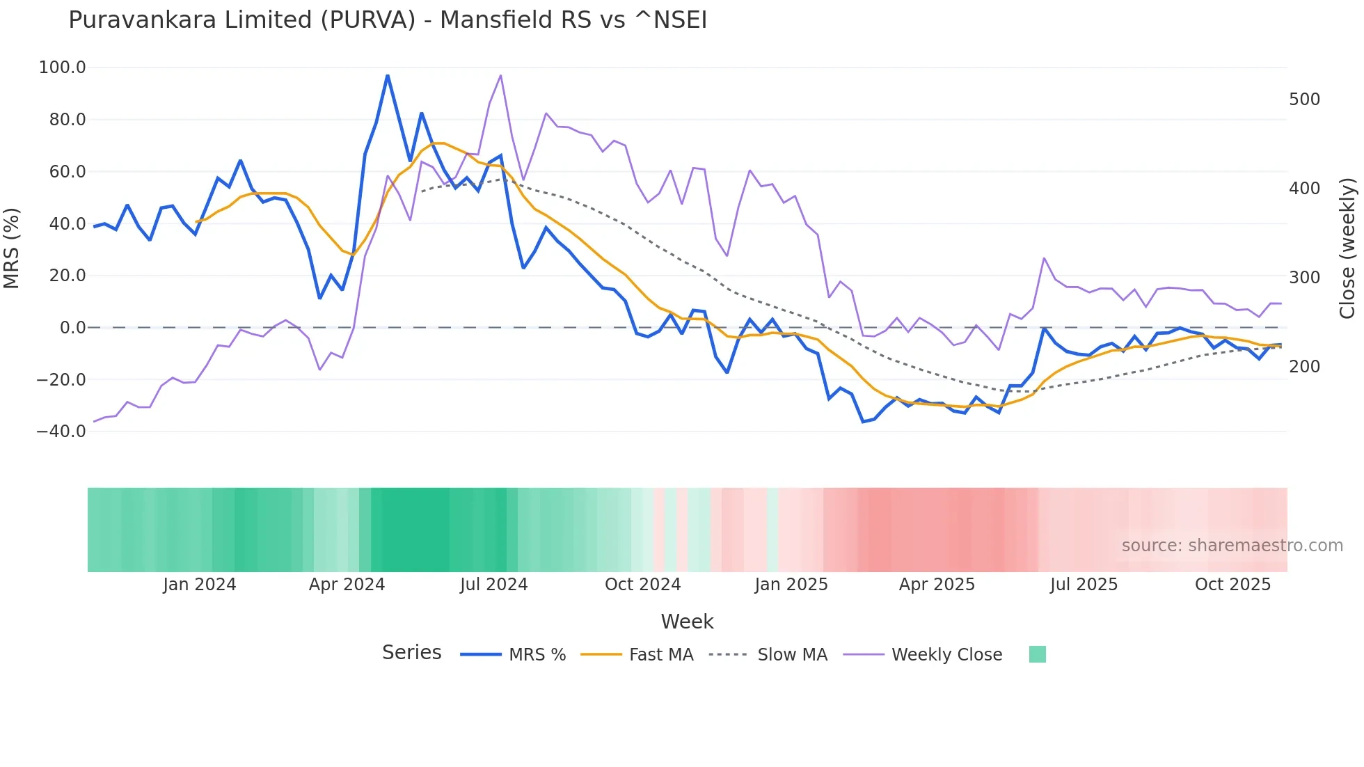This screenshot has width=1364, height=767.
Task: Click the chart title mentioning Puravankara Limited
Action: [x=388, y=20]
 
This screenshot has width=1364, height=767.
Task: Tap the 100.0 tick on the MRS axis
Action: [x=63, y=68]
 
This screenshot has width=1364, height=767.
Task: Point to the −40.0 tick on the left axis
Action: [x=61, y=432]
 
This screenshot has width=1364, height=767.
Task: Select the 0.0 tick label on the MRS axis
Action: [x=72, y=328]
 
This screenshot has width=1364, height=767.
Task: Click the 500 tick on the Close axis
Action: [x=1304, y=100]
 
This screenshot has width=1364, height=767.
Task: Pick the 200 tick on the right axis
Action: [x=1304, y=367]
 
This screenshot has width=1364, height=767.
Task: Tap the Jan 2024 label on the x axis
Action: [x=200, y=585]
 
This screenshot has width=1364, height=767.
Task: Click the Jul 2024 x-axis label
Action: [x=494, y=585]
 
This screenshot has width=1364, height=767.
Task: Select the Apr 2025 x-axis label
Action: [x=937, y=585]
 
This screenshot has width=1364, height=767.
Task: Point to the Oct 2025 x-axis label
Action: [x=1232, y=585]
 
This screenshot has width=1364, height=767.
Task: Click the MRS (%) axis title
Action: [x=12, y=248]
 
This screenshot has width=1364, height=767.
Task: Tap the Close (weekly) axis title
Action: [x=1348, y=248]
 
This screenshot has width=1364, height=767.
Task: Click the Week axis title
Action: [x=687, y=622]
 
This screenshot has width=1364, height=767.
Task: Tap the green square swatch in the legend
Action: [x=1037, y=654]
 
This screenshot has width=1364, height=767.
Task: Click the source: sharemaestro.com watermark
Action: [x=1232, y=546]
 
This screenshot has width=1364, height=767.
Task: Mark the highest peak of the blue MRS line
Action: [x=388, y=75]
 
